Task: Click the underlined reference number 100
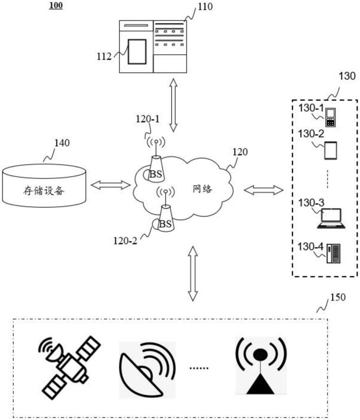(x=56, y=6)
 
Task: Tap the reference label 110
(x=206, y=7)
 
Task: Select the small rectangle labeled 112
(x=137, y=51)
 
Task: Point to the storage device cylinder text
(x=44, y=191)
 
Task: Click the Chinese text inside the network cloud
(x=202, y=189)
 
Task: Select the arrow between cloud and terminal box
(x=263, y=190)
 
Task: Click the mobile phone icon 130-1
(x=331, y=118)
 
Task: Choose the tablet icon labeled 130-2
(x=331, y=150)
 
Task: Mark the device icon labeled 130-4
(x=334, y=253)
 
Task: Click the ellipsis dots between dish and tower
(x=199, y=368)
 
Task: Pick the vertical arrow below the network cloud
(x=193, y=273)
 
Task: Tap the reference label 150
(x=338, y=298)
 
